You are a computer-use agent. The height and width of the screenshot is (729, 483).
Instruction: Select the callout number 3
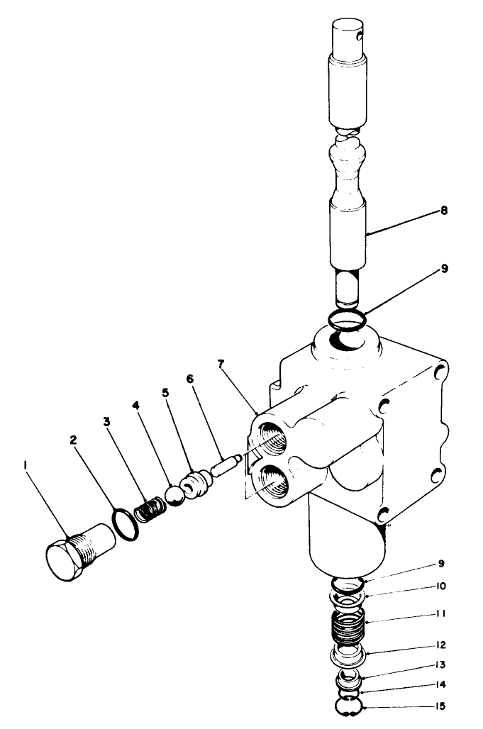[106, 420]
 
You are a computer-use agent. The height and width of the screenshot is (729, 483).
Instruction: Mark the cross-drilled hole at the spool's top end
[362, 35]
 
